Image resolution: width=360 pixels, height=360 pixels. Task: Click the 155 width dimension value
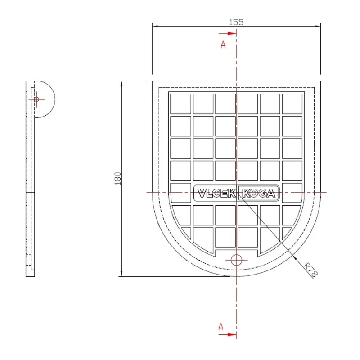tap(236, 22)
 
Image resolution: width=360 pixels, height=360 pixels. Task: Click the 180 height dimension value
tap(117, 179)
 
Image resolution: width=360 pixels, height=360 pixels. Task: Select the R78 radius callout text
tap(310, 270)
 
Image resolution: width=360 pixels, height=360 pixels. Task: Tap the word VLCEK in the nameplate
tap(216, 193)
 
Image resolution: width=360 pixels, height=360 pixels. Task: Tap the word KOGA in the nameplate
tap(258, 193)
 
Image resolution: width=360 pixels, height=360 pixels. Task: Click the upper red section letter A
tap(223, 45)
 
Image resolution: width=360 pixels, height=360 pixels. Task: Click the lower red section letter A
tap(221, 327)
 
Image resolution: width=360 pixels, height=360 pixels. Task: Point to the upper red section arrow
tap(227, 33)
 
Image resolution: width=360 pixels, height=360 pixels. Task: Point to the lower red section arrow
tap(227, 334)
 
